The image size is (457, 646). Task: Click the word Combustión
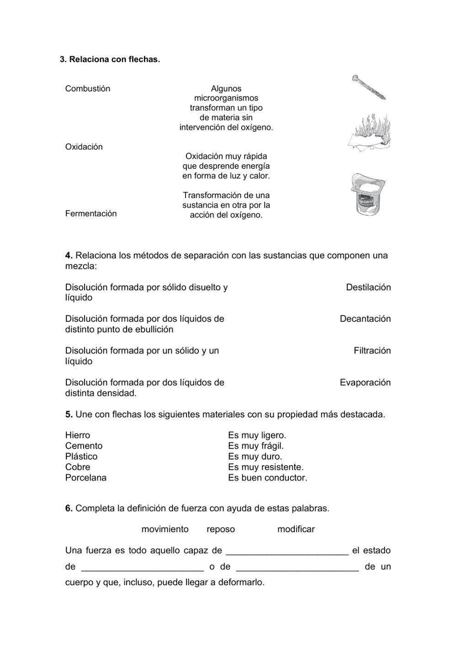[x=87, y=89]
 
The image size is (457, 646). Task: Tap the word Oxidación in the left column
[x=84, y=147]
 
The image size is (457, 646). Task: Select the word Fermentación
[x=90, y=214]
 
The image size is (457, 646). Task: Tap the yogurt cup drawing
[x=368, y=194]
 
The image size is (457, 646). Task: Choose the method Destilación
[x=368, y=287]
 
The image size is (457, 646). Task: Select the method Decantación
[x=365, y=319]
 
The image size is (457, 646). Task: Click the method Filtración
[x=372, y=351]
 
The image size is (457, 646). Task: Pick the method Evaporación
[x=365, y=382]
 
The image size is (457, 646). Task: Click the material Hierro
[x=78, y=435]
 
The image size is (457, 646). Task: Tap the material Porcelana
[x=85, y=478]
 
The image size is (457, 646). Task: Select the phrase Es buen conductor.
[x=267, y=478]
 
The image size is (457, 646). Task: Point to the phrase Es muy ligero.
[x=257, y=435]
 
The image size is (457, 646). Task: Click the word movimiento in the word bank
[x=165, y=529]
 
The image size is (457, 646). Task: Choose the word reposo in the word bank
[x=221, y=529]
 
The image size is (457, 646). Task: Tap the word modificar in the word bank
[x=296, y=529]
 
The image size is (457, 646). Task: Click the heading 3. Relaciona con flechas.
[x=110, y=59]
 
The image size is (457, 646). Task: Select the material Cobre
[x=77, y=467]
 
